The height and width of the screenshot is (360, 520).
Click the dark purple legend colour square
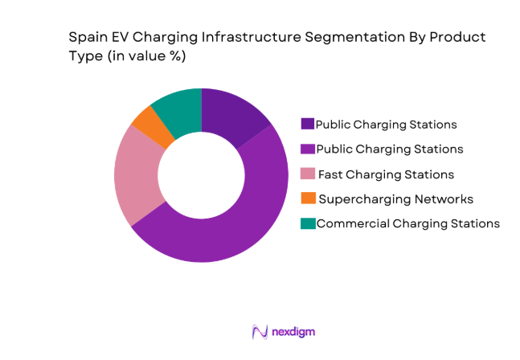[x=307, y=125]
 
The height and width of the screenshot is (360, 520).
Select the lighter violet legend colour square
[x=307, y=149]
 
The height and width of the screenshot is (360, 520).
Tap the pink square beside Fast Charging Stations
[x=307, y=174]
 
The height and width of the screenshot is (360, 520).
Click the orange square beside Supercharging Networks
[x=307, y=198]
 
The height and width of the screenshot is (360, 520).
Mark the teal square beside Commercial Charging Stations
[x=307, y=223]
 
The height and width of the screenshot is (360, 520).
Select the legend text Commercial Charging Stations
[x=408, y=223]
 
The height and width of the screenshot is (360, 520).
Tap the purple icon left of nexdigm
[x=260, y=331]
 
